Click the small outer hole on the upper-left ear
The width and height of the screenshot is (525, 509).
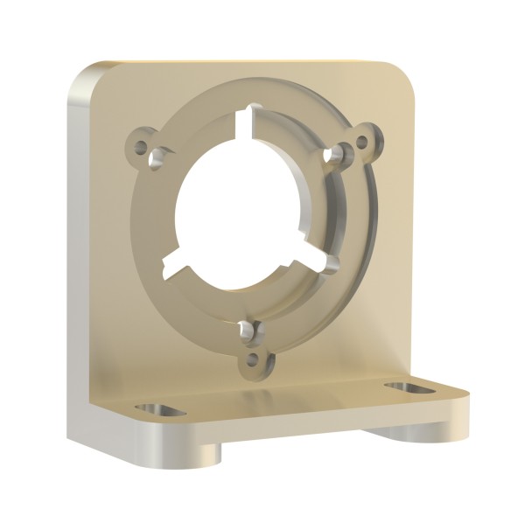point(140,145)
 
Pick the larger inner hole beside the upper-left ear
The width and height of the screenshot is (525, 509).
point(158,159)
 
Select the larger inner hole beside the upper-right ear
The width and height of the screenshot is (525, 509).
point(333,154)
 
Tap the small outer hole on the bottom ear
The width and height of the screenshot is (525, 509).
point(254,359)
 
